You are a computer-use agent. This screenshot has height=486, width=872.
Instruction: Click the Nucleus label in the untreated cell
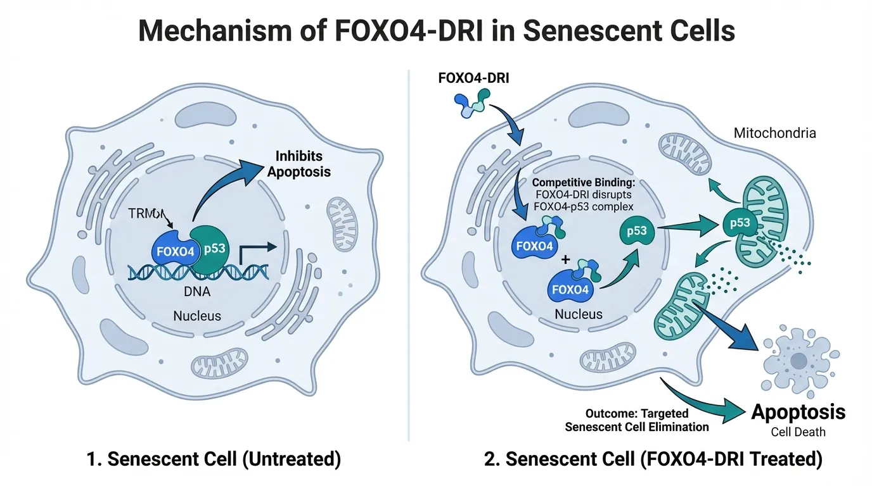click(x=198, y=315)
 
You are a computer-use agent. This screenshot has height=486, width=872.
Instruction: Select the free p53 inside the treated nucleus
click(x=636, y=231)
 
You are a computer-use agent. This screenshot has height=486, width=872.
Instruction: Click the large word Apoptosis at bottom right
click(x=798, y=413)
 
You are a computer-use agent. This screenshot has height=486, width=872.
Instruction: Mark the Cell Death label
click(x=798, y=433)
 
